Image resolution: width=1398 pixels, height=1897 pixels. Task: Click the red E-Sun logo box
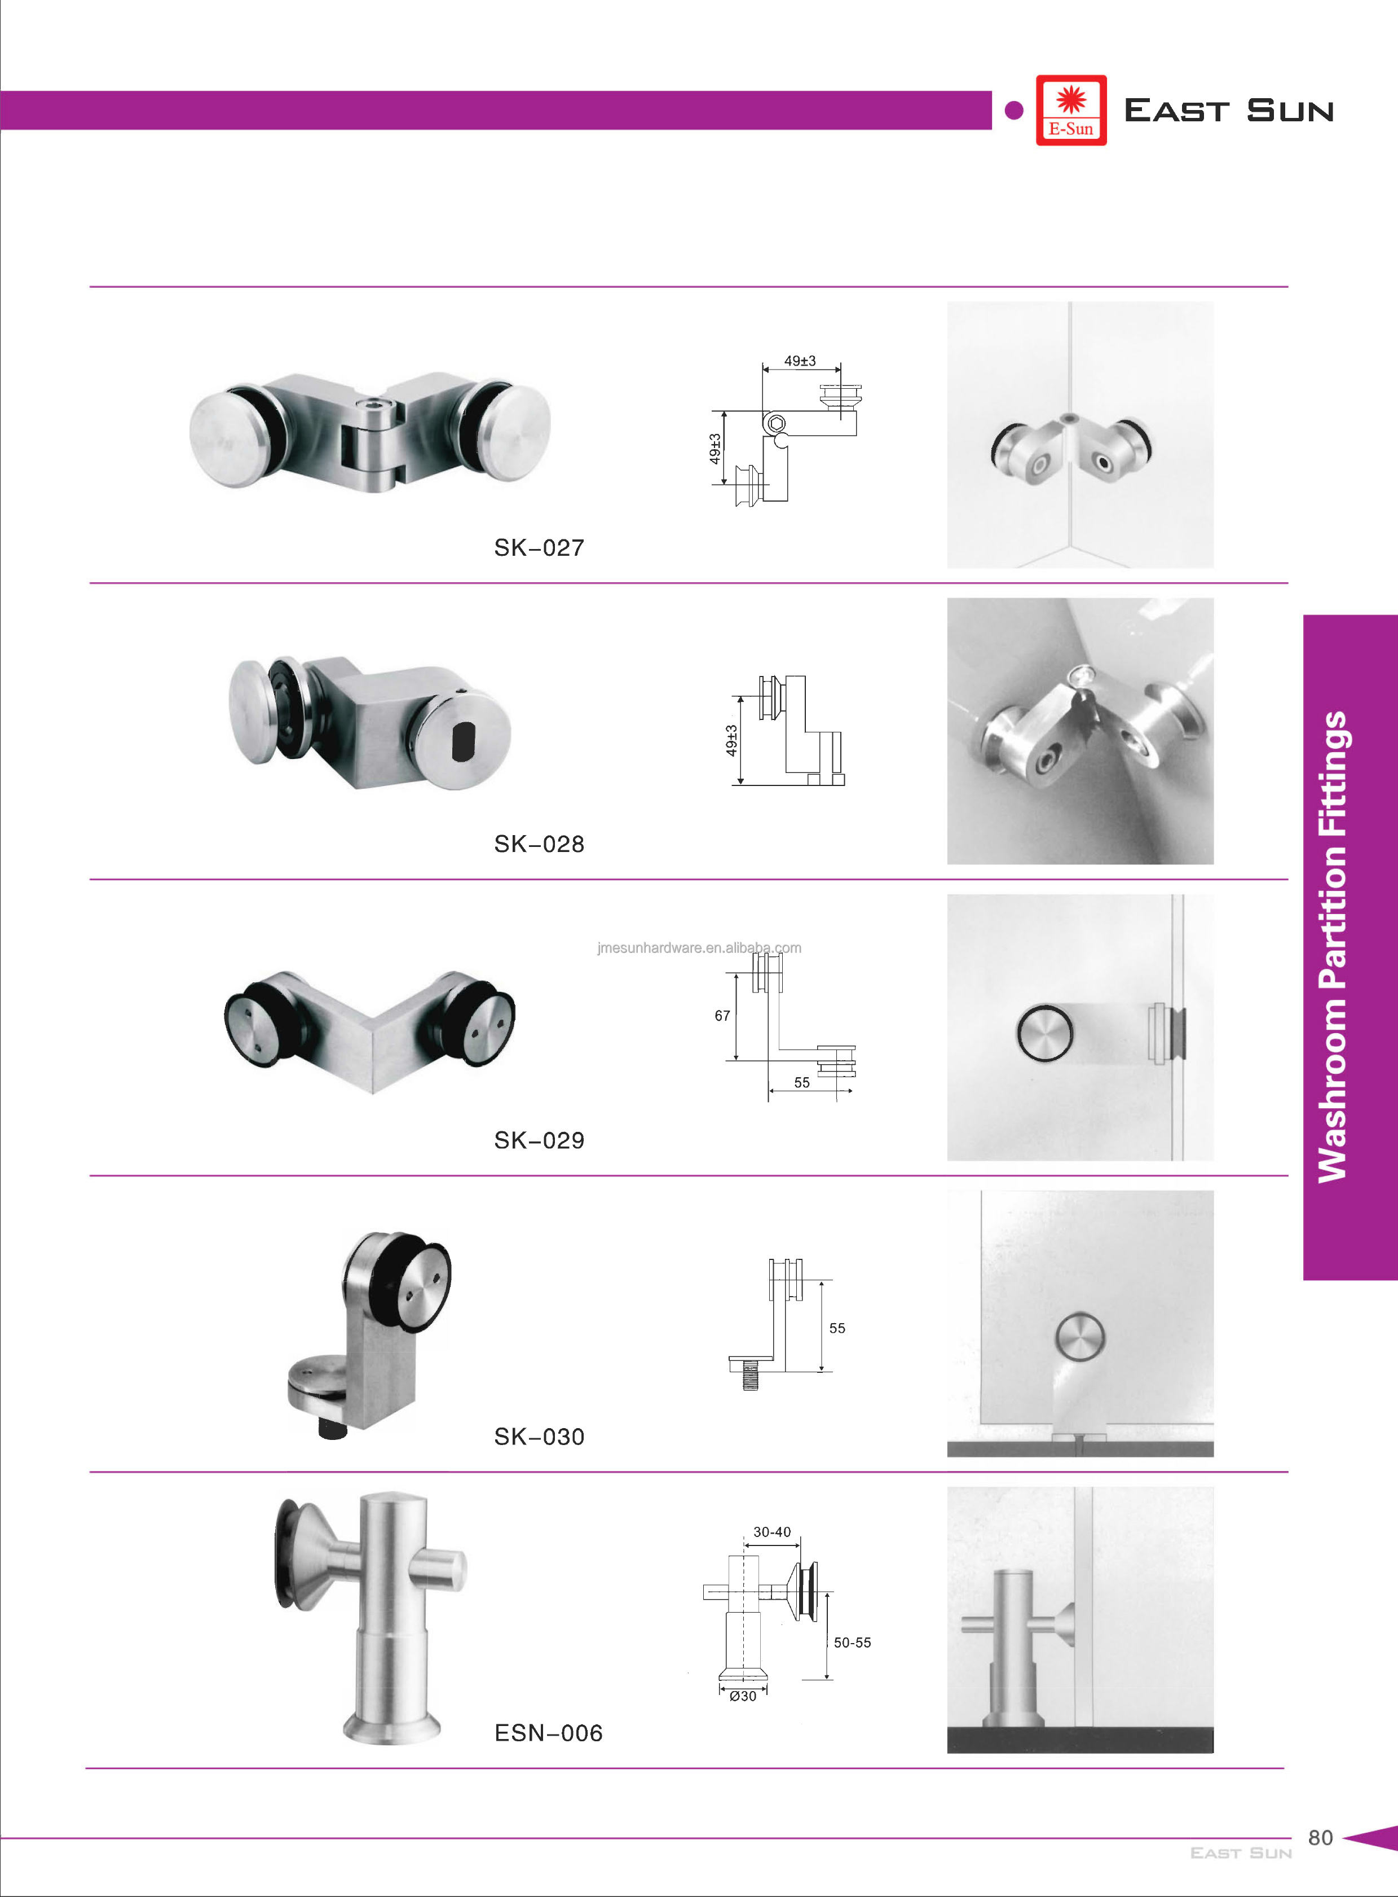pyautogui.click(x=1071, y=110)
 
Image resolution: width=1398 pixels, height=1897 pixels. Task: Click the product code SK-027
pyautogui.click(x=539, y=548)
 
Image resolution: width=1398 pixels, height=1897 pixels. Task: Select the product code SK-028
pyautogui.click(x=539, y=844)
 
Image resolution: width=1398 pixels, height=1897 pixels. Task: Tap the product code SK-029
pyautogui.click(x=539, y=1140)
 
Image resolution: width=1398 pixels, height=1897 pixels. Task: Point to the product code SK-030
pyautogui.click(x=539, y=1437)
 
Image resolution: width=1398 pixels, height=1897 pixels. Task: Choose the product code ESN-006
pyautogui.click(x=548, y=1733)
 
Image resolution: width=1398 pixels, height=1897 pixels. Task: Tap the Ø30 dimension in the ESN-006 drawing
pyautogui.click(x=743, y=1696)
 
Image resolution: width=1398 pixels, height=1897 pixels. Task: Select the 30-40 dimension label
pyautogui.click(x=772, y=1532)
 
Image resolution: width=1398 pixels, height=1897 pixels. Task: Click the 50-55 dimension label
pyautogui.click(x=852, y=1642)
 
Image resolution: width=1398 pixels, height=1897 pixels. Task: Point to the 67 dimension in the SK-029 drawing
pyautogui.click(x=722, y=1016)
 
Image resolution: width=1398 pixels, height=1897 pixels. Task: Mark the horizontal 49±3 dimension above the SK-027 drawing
pyautogui.click(x=800, y=361)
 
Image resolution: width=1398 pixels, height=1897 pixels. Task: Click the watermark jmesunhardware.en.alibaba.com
pyautogui.click(x=699, y=948)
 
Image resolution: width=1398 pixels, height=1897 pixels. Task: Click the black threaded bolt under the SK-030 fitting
pyautogui.click(x=332, y=1430)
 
